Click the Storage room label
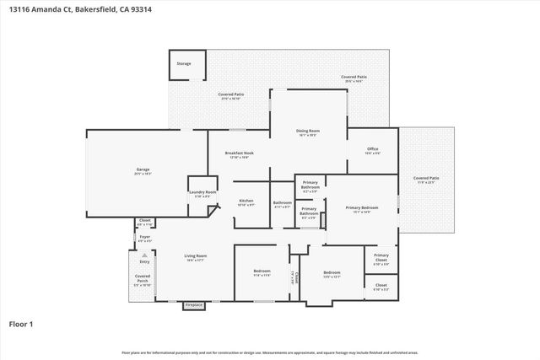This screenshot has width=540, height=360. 183,63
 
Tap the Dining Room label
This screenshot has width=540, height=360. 307,132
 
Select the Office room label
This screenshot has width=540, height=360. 372,150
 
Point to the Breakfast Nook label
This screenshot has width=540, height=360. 239,153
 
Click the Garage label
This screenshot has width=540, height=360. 143,170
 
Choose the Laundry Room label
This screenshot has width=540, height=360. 202,193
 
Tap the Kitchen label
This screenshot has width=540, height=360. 246,201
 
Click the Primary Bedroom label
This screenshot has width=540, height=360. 361,207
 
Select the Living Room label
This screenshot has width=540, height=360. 196,257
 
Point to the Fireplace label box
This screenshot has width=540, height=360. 194,304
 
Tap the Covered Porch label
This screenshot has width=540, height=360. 142,280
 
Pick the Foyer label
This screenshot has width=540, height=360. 144,238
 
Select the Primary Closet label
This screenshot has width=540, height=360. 381,256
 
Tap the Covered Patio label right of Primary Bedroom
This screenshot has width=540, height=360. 425,179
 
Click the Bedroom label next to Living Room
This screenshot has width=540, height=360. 262,272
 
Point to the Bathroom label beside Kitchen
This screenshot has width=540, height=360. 282,203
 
